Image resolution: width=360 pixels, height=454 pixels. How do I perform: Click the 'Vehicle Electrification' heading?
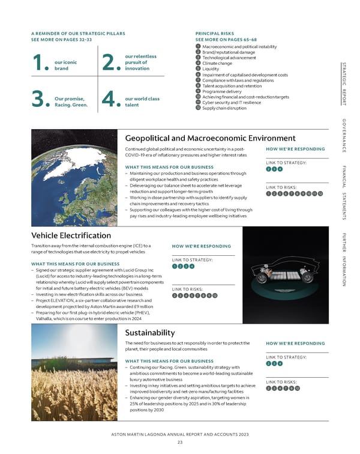point(66,235)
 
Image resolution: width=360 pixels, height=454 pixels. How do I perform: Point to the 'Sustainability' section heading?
point(149,333)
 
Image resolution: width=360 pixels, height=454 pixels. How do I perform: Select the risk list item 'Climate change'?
point(218,63)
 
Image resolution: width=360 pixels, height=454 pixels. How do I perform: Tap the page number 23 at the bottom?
point(179,443)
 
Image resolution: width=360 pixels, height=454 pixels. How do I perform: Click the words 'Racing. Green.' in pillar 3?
point(71,104)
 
